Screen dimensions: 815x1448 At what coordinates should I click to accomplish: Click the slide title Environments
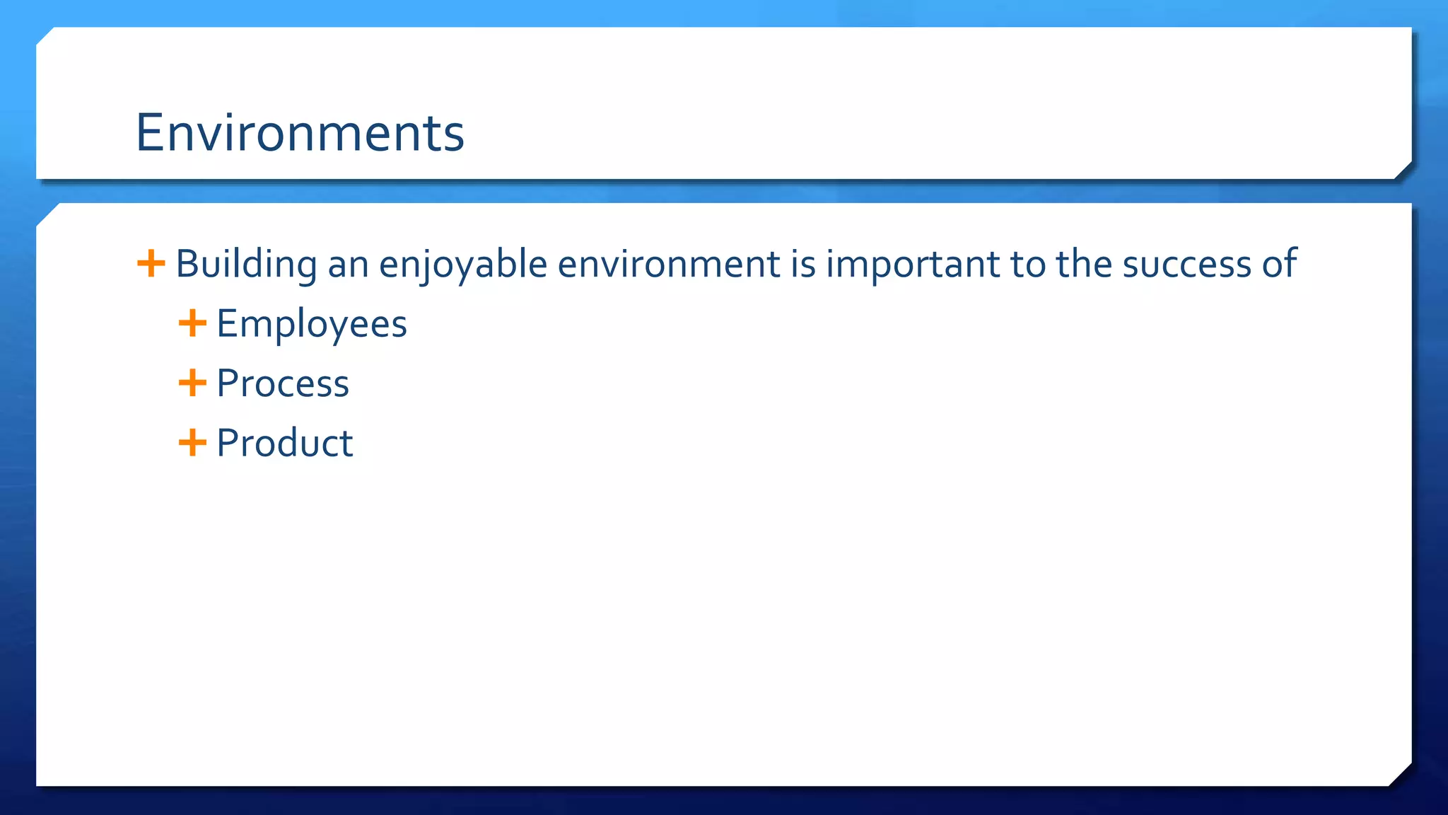pyautogui.click(x=300, y=133)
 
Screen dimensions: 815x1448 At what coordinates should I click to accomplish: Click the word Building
pyautogui.click(x=246, y=265)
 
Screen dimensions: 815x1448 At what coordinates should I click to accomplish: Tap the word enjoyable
pyautogui.click(x=463, y=265)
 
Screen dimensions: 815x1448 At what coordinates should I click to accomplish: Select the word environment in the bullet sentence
pyautogui.click(x=668, y=265)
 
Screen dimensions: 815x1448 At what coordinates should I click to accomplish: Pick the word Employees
pyautogui.click(x=312, y=325)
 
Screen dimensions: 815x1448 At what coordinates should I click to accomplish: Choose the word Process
pyautogui.click(x=283, y=384)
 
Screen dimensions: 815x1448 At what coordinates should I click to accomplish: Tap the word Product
pyautogui.click(x=284, y=444)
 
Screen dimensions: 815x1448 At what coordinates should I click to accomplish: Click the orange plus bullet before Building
pyautogui.click(x=151, y=263)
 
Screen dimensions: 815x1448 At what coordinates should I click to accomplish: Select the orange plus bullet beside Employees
pyautogui.click(x=192, y=323)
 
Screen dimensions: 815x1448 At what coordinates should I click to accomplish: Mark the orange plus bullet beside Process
pyautogui.click(x=192, y=383)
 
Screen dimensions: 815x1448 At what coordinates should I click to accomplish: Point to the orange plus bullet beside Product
pyautogui.click(x=192, y=443)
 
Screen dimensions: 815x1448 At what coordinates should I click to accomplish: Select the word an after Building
pyautogui.click(x=348, y=265)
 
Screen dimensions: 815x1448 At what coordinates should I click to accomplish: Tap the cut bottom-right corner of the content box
pyautogui.click(x=1401, y=775)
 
